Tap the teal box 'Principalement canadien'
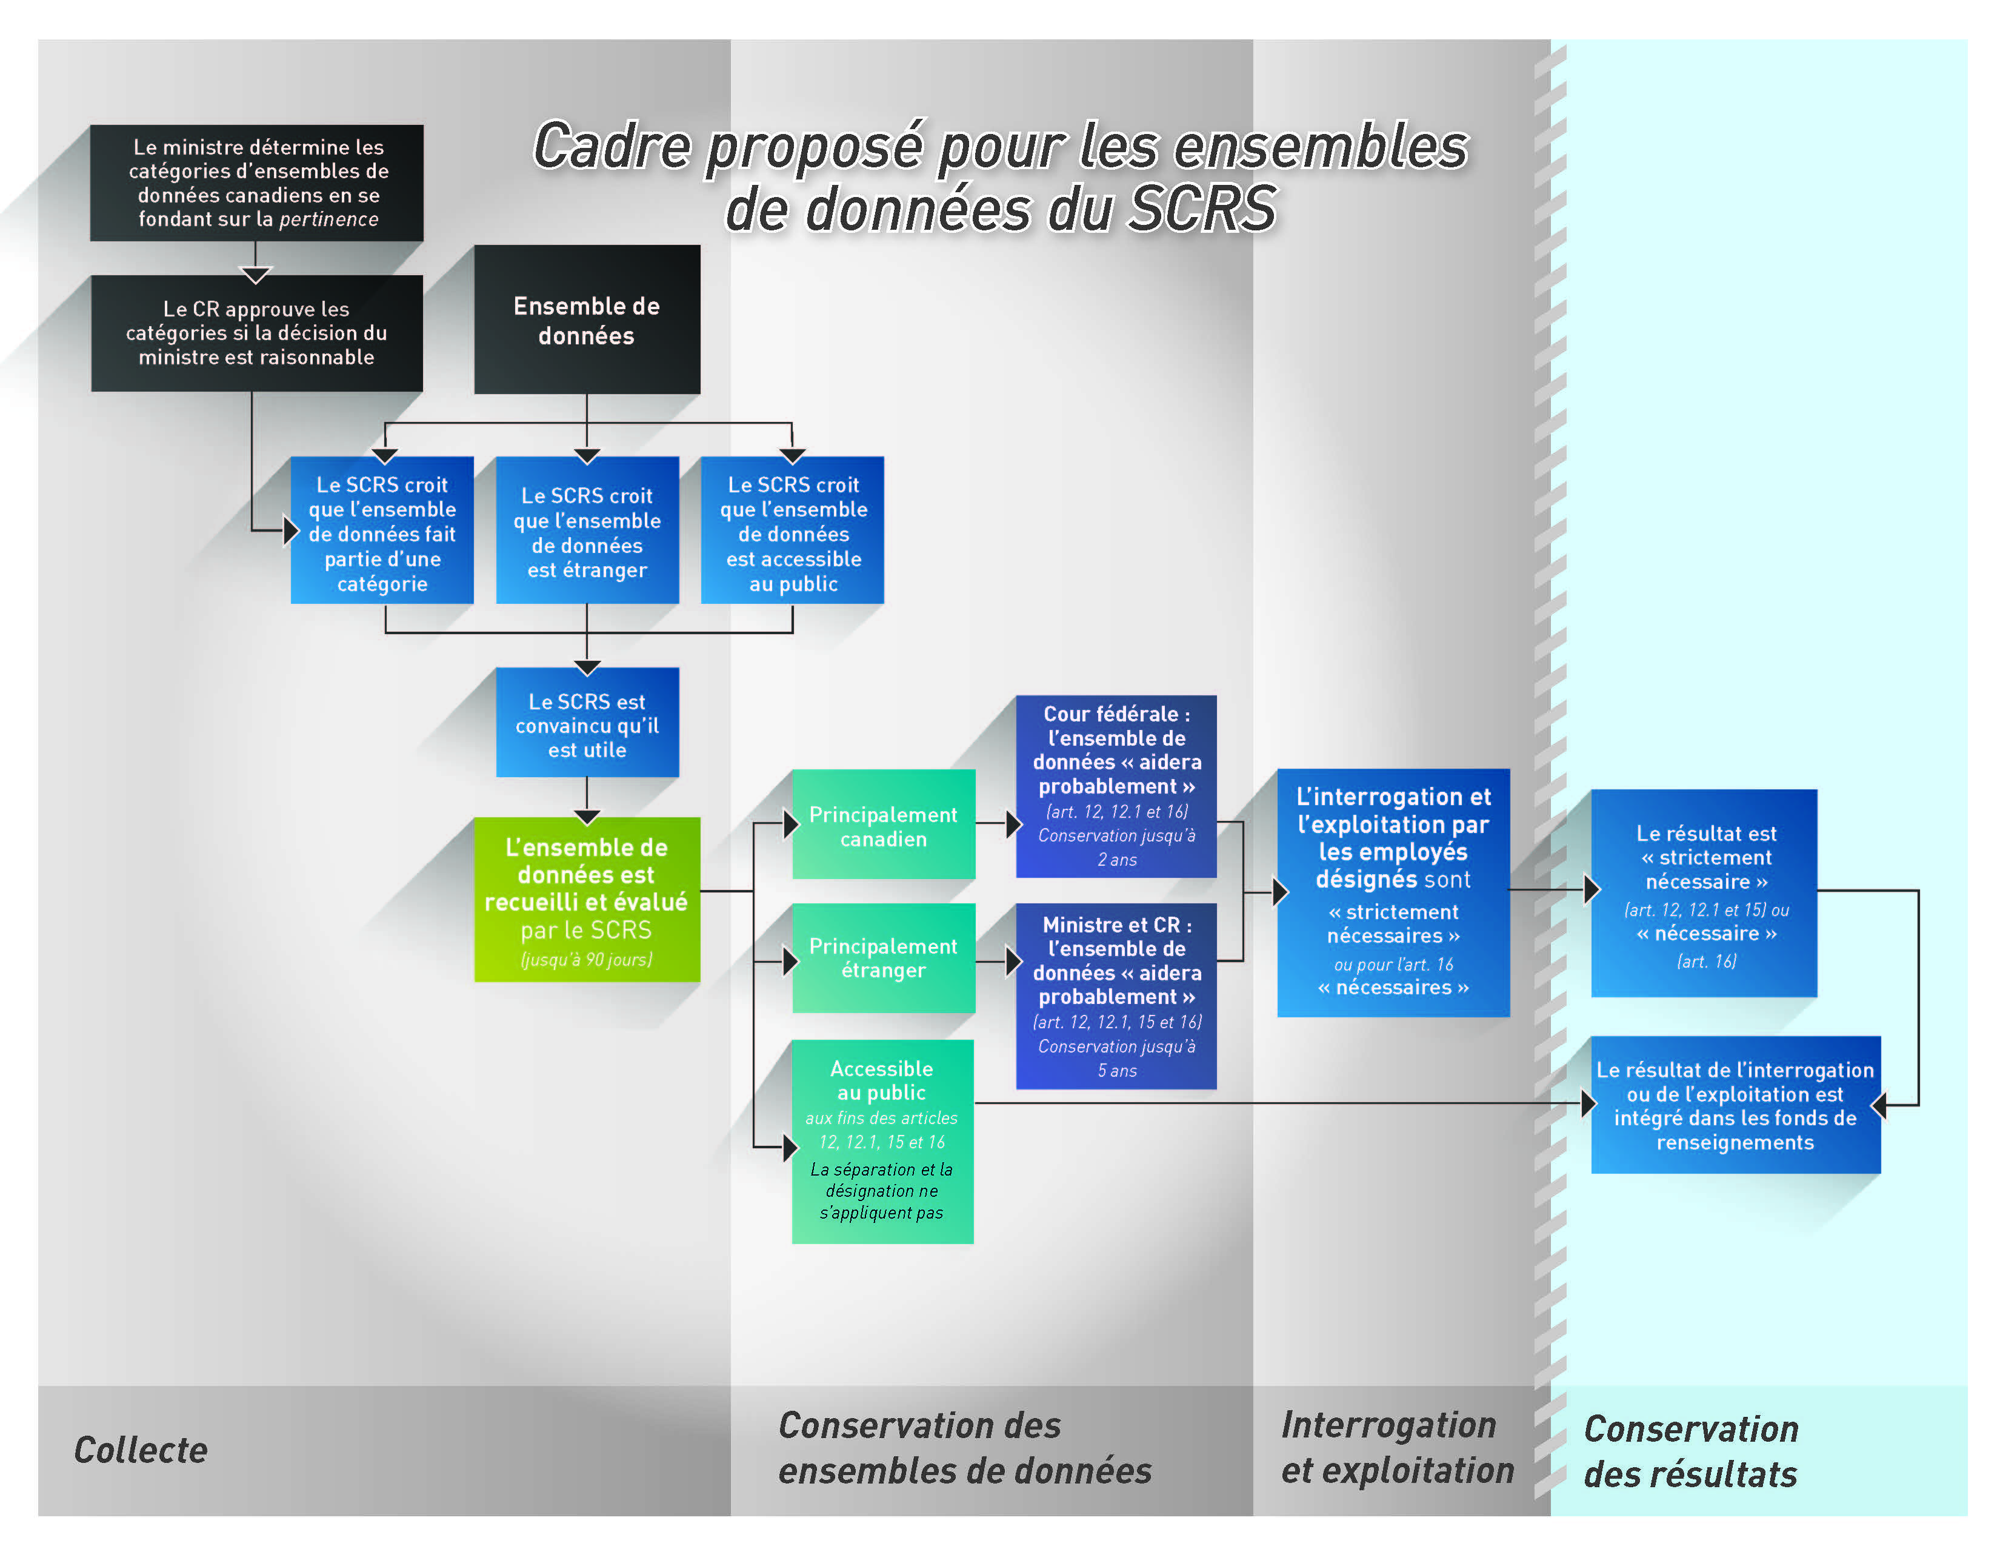pyautogui.click(x=883, y=825)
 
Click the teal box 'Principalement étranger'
pyautogui.click(x=883, y=958)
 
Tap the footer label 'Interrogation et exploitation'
pyautogui.click(x=1396, y=1448)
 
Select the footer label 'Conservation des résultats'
pyautogui.click(x=1690, y=1451)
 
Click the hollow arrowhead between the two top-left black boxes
pyautogui.click(x=256, y=274)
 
